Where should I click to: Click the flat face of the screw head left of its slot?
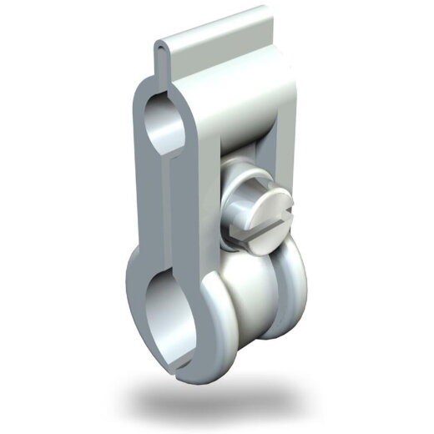tap(250, 200)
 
